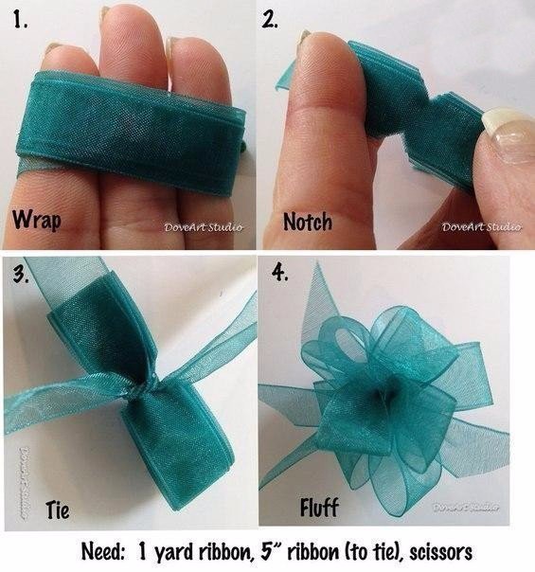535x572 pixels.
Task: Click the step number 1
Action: click(x=20, y=19)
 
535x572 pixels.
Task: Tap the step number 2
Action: click(x=270, y=19)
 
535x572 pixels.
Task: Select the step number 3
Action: click(x=21, y=274)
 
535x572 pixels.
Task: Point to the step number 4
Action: click(x=280, y=272)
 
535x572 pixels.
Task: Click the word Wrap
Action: click(x=37, y=220)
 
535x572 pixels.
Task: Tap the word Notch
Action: click(x=308, y=222)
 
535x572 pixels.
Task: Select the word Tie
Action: click(x=58, y=509)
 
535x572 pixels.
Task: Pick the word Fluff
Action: click(x=319, y=507)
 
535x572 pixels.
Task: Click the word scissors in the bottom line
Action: click(x=440, y=552)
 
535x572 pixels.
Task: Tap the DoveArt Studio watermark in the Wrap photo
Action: click(x=204, y=227)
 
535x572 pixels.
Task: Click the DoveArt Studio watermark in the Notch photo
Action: click(x=481, y=227)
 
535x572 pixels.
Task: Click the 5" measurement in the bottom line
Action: click(x=269, y=552)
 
